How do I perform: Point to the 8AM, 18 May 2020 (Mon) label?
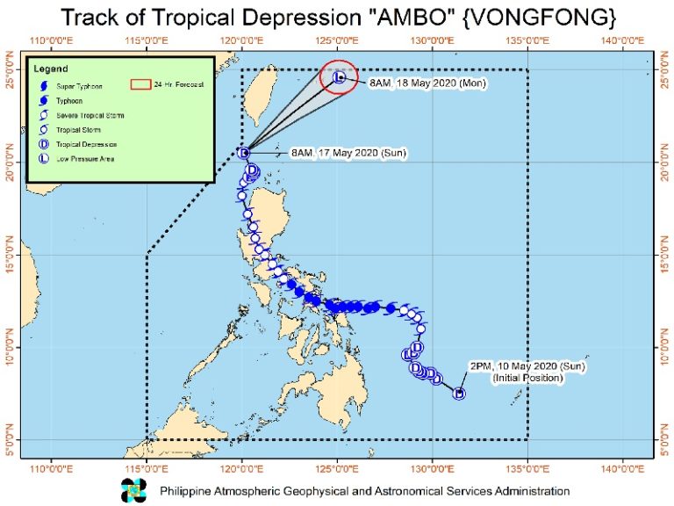coord(427,83)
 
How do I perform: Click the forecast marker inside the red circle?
coord(340,78)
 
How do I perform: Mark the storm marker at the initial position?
coord(458,393)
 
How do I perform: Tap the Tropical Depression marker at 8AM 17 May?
coord(244,153)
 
